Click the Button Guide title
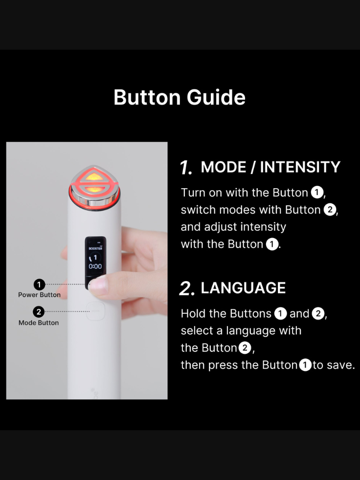180,97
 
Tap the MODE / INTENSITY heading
270,167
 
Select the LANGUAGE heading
243,288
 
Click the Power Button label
39,295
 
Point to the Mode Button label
39,323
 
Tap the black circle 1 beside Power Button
39,284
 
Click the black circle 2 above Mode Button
39,312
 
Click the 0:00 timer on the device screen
95,266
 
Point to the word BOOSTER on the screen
95,249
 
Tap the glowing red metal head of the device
94,188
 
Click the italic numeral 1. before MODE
186,168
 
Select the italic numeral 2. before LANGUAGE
187,289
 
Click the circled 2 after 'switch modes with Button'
330,210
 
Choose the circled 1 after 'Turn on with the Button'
317,193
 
